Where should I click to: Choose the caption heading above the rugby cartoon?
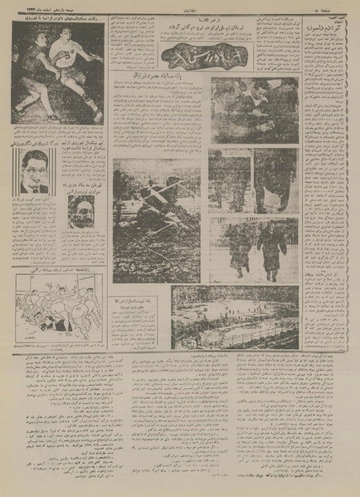click(55, 270)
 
